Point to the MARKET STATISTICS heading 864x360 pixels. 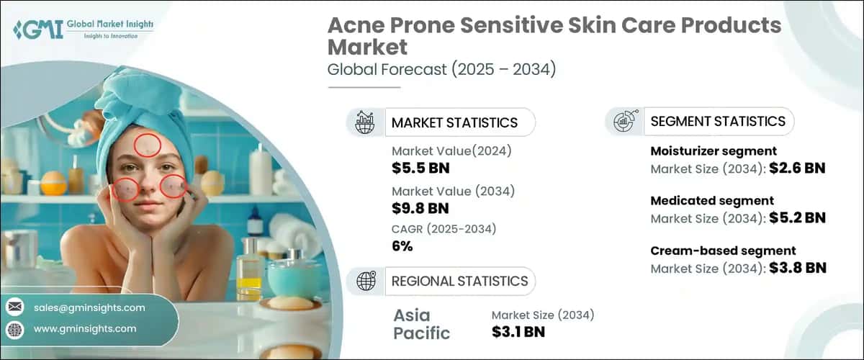click(454, 122)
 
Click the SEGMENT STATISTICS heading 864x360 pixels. click(718, 121)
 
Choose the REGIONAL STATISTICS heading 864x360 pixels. click(459, 281)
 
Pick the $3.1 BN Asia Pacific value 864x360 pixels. click(518, 331)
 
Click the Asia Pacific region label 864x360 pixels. click(422, 324)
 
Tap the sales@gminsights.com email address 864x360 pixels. click(89, 307)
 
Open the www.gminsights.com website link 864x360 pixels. click(85, 328)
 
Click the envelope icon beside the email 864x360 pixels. click(15, 307)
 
